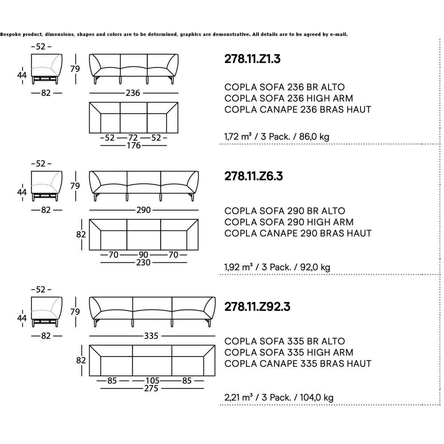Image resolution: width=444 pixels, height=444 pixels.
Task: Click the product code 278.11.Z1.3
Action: [x=252, y=59]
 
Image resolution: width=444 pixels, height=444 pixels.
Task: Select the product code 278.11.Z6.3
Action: [x=254, y=176]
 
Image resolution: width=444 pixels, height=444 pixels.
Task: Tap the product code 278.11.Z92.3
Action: [x=257, y=307]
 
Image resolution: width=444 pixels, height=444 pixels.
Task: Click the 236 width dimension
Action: [x=133, y=93]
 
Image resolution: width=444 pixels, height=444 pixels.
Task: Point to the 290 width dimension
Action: [x=143, y=210]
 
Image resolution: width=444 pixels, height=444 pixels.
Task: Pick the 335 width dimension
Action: [x=151, y=336]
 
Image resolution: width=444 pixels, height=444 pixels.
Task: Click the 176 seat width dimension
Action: [x=134, y=146]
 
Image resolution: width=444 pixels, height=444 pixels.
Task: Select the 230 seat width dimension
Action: [x=143, y=262]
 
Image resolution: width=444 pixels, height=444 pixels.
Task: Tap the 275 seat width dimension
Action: [x=151, y=388]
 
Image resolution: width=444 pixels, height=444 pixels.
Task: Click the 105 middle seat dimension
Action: [x=152, y=381]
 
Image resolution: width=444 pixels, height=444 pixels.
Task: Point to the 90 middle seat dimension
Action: [x=143, y=255]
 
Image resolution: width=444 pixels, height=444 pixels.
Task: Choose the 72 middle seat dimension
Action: [x=133, y=138]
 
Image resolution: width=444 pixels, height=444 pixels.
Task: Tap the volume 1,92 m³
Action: [x=238, y=267]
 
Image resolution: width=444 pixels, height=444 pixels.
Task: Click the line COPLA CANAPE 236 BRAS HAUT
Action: [x=297, y=109]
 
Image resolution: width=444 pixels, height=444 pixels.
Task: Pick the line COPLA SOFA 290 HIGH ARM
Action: [x=289, y=222]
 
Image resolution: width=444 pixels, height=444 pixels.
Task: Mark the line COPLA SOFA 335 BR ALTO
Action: [x=285, y=341]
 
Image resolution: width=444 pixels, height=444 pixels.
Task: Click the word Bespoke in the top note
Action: [x=11, y=34]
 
